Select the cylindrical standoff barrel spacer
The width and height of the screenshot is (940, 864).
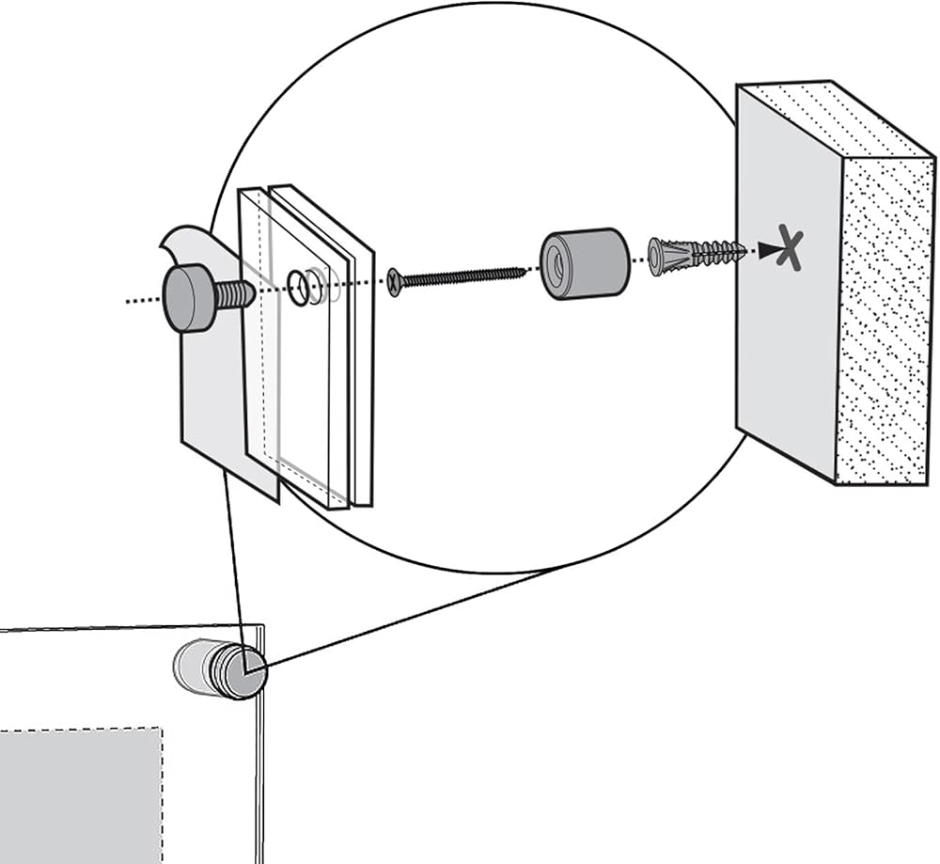click(x=585, y=263)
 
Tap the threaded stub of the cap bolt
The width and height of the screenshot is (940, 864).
click(x=235, y=295)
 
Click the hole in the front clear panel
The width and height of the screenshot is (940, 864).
click(x=298, y=289)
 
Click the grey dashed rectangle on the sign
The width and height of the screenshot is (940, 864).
click(x=80, y=794)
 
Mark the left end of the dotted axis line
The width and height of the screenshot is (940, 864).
click(x=128, y=301)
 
